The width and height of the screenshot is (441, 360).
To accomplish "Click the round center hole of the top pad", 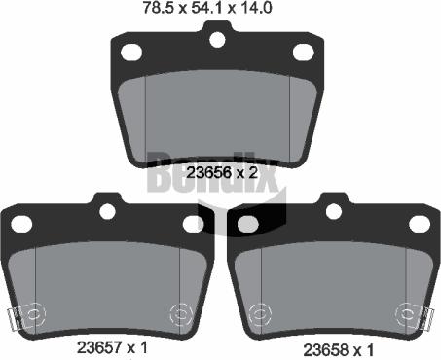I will click(x=218, y=39).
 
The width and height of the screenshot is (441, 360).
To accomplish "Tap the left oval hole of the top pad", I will click(x=131, y=54).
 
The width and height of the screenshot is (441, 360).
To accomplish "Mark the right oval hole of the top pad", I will click(x=304, y=53).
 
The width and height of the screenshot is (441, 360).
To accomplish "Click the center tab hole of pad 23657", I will click(x=107, y=210).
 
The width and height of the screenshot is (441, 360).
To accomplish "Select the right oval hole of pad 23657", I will click(x=193, y=224).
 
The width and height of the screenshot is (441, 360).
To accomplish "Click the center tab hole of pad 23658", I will click(x=334, y=210).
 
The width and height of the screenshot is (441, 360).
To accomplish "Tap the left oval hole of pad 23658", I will click(x=248, y=224).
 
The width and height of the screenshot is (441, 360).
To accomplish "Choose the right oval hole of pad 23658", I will click(x=420, y=224).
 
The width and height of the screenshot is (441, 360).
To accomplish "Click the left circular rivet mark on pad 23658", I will click(x=262, y=314).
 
